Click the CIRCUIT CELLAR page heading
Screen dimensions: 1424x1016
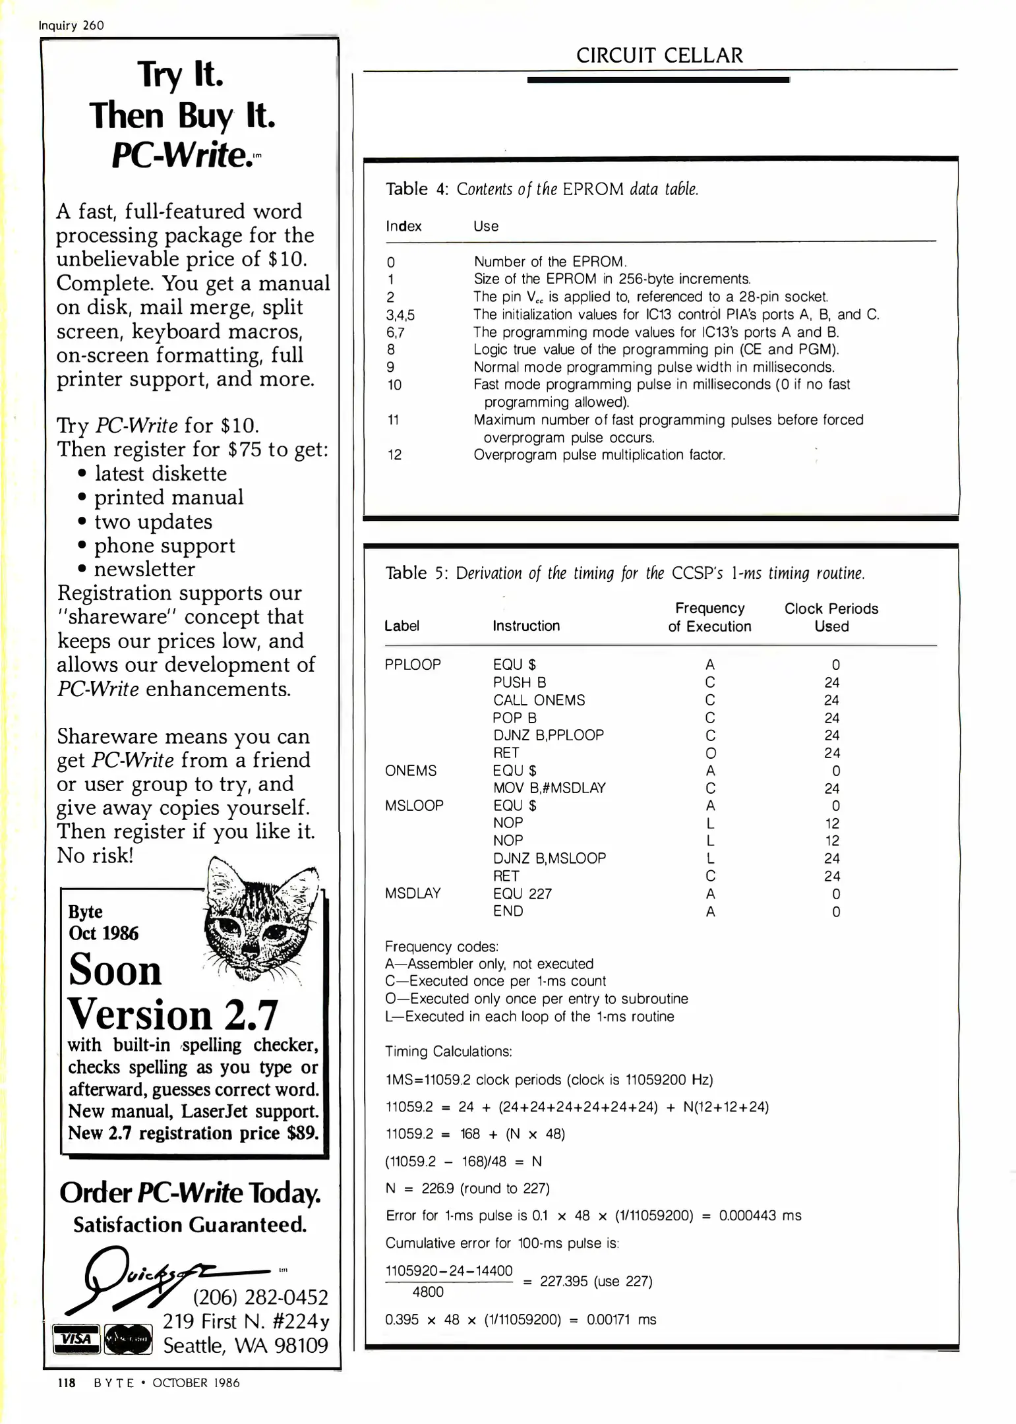point(659,55)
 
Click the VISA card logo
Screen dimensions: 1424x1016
point(76,1339)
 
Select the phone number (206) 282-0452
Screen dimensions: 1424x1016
point(260,1297)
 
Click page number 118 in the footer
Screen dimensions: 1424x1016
point(67,1383)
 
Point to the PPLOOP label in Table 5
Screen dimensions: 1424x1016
point(413,665)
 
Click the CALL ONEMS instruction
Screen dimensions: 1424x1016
point(539,700)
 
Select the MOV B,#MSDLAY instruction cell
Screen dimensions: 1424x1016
point(549,788)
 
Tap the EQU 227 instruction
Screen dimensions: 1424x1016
point(522,894)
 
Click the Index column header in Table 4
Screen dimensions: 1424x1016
point(403,226)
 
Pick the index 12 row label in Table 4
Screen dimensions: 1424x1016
point(394,455)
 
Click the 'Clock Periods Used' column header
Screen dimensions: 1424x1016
point(831,617)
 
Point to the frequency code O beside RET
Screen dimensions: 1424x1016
point(710,753)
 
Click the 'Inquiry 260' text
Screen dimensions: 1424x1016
point(71,25)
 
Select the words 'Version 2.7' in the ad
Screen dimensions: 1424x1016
point(173,1015)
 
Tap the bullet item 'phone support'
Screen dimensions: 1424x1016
point(164,545)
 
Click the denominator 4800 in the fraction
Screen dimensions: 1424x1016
point(428,1292)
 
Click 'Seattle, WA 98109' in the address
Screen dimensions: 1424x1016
point(245,1345)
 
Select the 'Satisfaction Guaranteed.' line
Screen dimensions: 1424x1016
point(190,1224)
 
